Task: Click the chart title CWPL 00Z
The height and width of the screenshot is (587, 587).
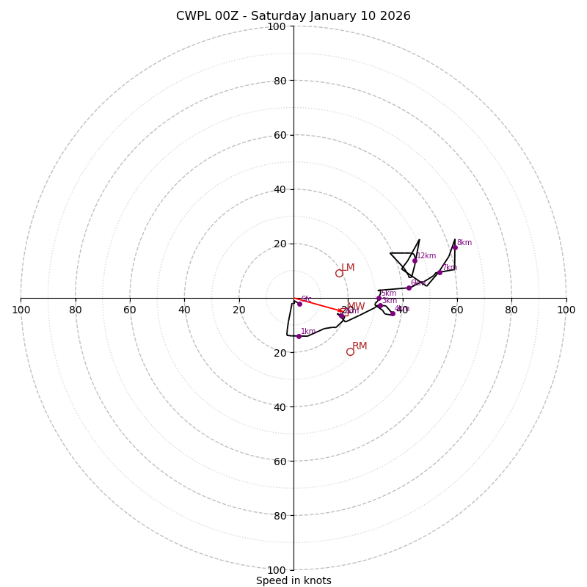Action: (x=293, y=16)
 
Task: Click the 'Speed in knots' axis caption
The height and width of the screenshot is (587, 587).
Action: (x=293, y=580)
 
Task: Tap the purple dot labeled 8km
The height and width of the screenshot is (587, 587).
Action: (x=455, y=247)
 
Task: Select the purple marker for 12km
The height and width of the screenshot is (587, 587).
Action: (x=415, y=260)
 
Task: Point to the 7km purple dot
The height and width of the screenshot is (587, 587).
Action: (x=440, y=273)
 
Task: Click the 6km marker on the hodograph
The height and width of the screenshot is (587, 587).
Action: (x=409, y=288)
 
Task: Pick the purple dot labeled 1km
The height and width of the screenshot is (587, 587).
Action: (x=299, y=336)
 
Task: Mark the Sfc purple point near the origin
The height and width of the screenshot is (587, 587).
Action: (x=299, y=304)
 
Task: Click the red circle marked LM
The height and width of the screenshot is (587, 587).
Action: (x=339, y=273)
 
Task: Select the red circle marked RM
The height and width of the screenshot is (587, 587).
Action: (x=350, y=351)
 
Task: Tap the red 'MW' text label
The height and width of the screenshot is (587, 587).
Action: (x=356, y=307)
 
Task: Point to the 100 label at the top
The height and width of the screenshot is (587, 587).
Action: (x=276, y=26)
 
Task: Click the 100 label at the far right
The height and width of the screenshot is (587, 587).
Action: (x=566, y=310)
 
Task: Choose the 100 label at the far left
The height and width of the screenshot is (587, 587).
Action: (x=21, y=310)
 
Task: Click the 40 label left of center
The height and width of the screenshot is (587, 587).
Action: (x=184, y=310)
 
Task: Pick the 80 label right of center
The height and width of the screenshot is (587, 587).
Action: (x=511, y=310)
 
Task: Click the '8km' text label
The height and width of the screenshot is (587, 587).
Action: (x=464, y=243)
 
